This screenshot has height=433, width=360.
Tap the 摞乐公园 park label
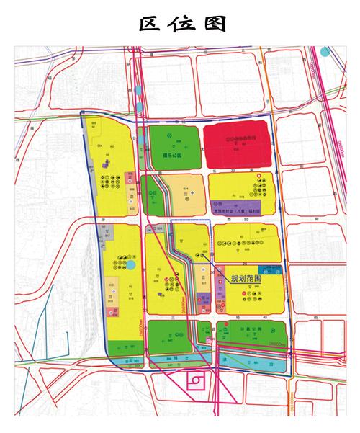(174, 153)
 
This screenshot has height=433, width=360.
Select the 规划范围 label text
(246, 277)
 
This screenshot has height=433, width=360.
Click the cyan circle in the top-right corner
(325, 52)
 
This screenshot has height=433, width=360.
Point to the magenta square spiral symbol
(195, 380)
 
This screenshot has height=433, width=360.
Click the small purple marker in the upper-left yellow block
(107, 165)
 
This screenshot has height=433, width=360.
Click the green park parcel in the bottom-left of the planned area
(169, 335)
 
